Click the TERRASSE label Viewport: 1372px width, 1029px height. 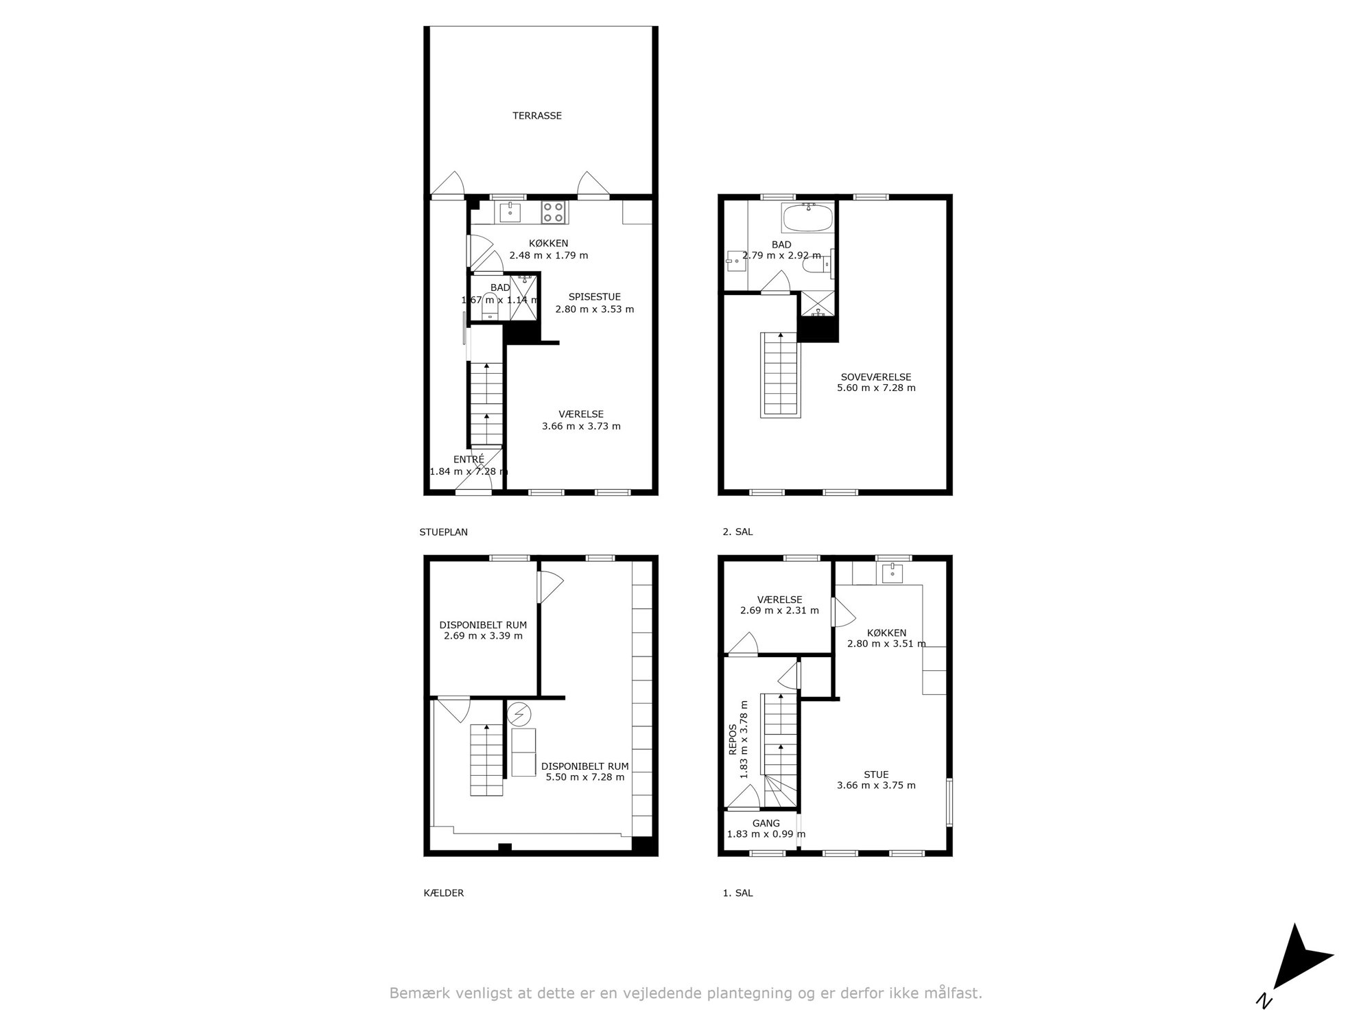tap(537, 116)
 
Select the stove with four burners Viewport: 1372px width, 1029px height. tap(554, 211)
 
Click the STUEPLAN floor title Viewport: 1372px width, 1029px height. tap(443, 532)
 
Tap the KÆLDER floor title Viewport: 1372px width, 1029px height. tap(444, 893)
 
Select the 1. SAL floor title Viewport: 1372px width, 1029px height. tap(737, 893)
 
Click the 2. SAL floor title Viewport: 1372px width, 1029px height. tap(737, 532)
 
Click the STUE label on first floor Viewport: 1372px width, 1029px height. tap(876, 774)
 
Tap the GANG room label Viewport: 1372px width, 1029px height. tap(766, 823)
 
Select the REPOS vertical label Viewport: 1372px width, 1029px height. tap(733, 740)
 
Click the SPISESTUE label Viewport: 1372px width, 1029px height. tap(594, 297)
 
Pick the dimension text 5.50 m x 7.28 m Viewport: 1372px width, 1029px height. tap(585, 777)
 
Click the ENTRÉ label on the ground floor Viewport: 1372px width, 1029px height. tap(469, 460)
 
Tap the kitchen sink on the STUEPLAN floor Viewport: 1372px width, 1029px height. tap(510, 212)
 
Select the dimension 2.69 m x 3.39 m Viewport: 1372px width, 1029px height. tap(483, 636)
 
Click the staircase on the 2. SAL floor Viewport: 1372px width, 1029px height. tap(781, 375)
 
